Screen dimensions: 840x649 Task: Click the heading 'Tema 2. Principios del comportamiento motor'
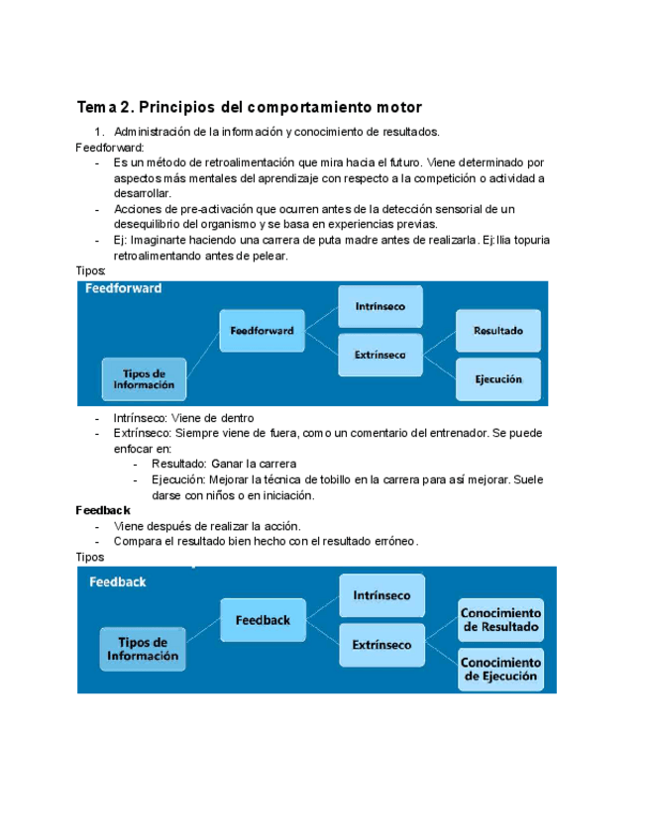[x=249, y=107]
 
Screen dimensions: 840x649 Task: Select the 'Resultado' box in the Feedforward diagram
[x=498, y=330]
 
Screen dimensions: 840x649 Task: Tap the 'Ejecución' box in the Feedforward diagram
[x=497, y=378]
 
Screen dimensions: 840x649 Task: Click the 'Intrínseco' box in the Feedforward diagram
[x=381, y=307]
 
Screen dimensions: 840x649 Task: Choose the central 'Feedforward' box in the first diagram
[x=262, y=331]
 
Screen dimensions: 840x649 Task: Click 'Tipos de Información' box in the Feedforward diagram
[x=144, y=378]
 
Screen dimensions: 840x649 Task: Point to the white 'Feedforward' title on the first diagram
[x=123, y=289]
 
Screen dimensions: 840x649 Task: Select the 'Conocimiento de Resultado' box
[x=500, y=620]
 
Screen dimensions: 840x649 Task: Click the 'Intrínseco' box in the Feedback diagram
[x=381, y=595]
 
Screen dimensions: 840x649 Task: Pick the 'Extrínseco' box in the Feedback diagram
[x=381, y=644]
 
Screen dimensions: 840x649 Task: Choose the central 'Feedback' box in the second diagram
[x=263, y=620]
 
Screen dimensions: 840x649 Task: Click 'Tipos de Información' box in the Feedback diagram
[x=142, y=649]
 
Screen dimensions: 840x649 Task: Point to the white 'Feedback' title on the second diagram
[x=118, y=581]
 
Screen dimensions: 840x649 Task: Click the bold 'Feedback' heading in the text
[x=103, y=510]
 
